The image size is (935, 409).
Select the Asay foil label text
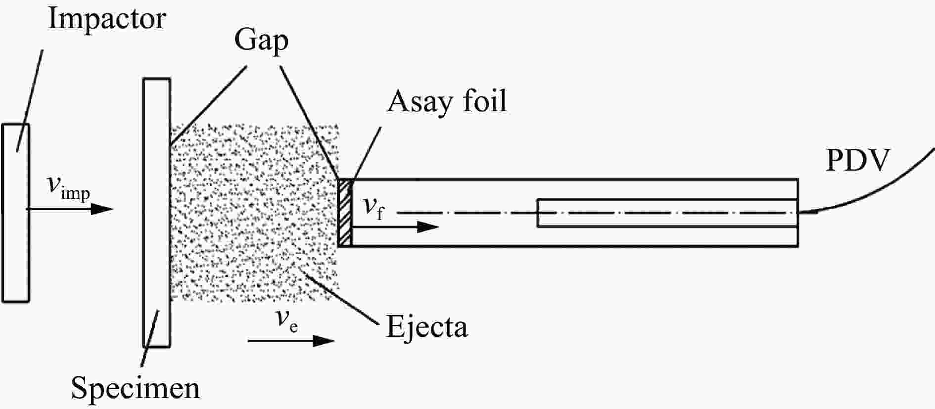coord(447,101)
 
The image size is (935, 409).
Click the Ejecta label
coord(427,326)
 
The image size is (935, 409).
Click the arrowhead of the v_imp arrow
coord(103,209)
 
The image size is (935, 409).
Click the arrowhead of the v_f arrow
coord(427,227)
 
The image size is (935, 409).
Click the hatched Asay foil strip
coord(345,212)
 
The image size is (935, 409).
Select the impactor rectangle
coord(15,212)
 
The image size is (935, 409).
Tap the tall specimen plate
coord(156,213)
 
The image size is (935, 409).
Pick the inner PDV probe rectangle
coord(668,213)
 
